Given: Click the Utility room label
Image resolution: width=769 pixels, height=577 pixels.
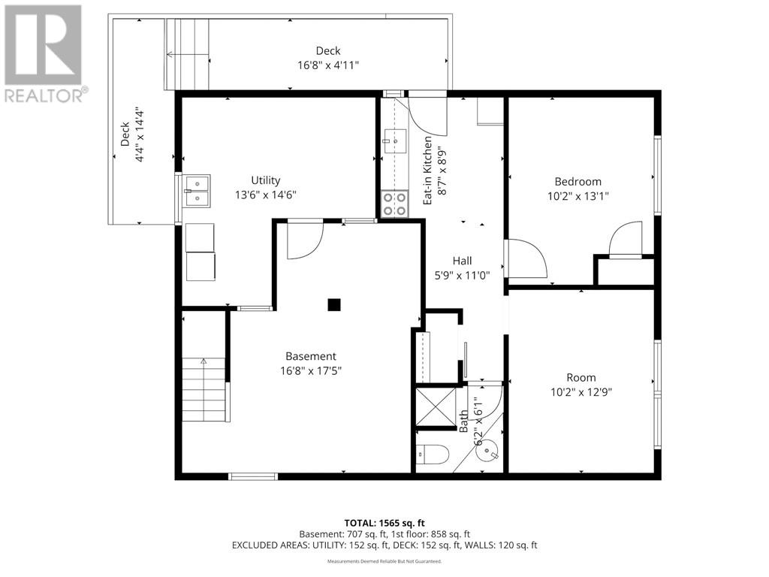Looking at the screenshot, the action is click(x=266, y=180).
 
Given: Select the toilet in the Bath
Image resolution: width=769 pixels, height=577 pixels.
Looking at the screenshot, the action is click(x=433, y=455).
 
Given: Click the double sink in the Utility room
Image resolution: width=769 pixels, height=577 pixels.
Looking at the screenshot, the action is click(x=197, y=191).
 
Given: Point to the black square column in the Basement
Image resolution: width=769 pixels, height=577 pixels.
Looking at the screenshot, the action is click(x=334, y=305).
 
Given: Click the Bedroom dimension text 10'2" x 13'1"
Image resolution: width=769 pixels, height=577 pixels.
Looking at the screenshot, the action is click(x=578, y=196).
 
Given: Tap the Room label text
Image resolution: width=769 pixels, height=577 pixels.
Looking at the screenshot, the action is click(x=581, y=377).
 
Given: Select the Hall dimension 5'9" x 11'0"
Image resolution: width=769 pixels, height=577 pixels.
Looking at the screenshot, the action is click(x=463, y=276).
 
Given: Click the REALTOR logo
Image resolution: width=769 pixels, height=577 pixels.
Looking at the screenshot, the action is click(x=44, y=53).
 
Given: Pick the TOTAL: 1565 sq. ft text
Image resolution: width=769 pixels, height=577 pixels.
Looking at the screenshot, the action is click(x=384, y=523).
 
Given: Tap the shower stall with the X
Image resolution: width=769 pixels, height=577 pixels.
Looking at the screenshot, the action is click(x=436, y=406).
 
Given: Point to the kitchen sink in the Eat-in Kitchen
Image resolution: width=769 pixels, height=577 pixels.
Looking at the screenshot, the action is click(x=395, y=140).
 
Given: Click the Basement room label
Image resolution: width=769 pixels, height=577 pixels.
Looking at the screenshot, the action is click(x=311, y=356).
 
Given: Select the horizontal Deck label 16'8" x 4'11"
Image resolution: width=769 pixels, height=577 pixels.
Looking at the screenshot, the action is click(x=328, y=58).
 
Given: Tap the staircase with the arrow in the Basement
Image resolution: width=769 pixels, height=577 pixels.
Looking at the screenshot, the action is click(x=204, y=390).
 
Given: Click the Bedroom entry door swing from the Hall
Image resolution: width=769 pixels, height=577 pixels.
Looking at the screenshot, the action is click(x=526, y=258).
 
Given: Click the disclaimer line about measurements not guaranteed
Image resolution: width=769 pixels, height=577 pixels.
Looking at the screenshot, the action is click(x=384, y=560).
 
